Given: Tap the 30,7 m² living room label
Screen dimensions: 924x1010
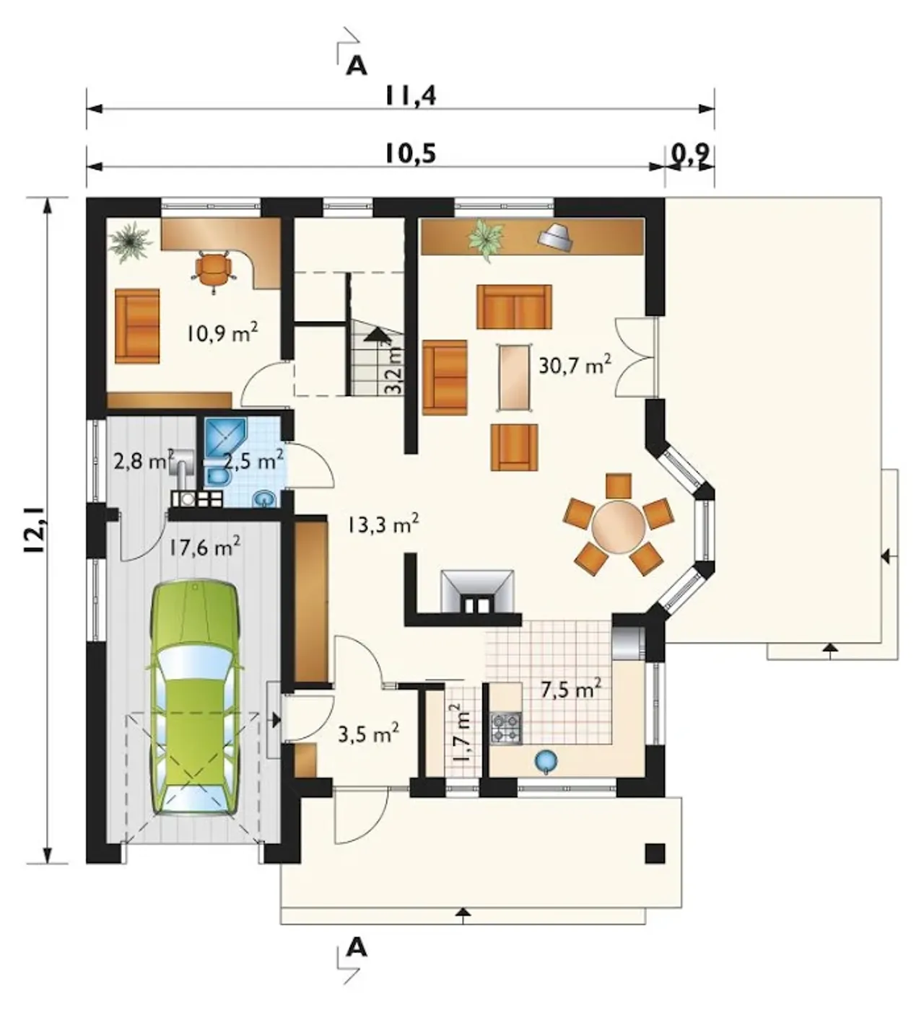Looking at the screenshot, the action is [575, 365].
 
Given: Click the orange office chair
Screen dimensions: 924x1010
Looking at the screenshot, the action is [213, 270].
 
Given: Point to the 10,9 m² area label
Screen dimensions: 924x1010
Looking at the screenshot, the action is [223, 333].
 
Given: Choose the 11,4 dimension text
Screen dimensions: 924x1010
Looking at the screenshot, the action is [411, 96].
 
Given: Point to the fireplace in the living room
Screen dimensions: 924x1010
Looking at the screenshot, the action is [476, 592].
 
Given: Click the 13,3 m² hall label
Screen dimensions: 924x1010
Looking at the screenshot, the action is [383, 524].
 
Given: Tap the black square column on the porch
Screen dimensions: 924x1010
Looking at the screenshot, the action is [655, 853].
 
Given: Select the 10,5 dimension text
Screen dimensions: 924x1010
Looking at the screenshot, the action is [411, 154].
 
